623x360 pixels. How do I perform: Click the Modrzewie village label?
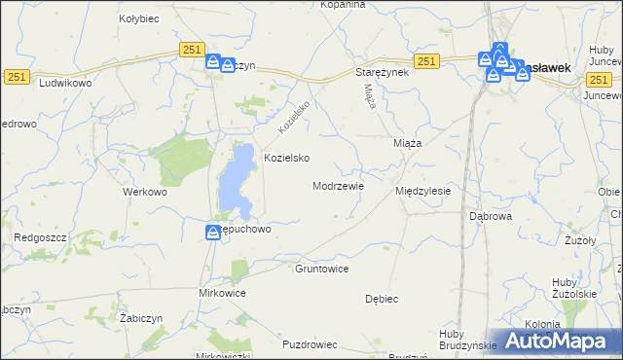coord(338,185)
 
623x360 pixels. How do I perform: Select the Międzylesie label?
coord(422,191)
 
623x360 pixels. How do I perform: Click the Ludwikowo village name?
coord(63,84)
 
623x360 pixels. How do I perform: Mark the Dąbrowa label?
coord(491,216)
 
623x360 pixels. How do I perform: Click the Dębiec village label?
coord(384,299)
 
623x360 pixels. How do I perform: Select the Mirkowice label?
coord(222,292)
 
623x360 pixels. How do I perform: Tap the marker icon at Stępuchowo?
coord(213,232)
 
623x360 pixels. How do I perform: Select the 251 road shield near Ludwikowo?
coord(16,76)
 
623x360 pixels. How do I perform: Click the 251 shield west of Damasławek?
coord(424,61)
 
